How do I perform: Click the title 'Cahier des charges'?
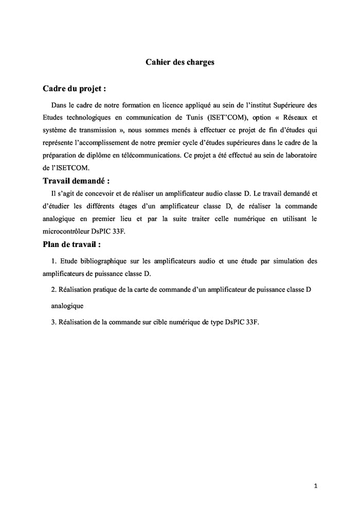(179, 62)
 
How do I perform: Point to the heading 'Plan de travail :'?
(71, 244)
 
